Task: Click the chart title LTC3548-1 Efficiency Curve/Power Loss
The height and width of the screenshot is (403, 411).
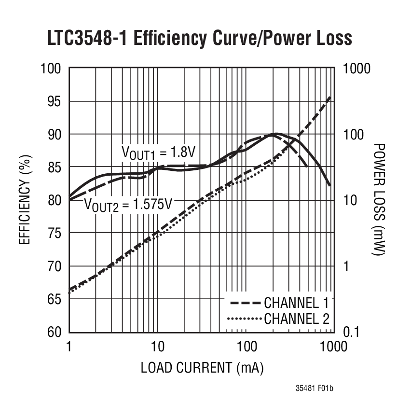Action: [x=199, y=38]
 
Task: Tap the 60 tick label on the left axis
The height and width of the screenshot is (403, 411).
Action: [x=51, y=332]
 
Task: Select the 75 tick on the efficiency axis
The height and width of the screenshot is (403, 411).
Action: [x=51, y=233]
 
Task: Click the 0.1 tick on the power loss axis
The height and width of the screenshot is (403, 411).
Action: [x=352, y=332]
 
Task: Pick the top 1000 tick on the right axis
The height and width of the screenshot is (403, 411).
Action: [x=356, y=69]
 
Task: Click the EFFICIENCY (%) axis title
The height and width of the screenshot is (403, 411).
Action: [x=25, y=199]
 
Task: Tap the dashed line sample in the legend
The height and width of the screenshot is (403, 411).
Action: [x=245, y=303]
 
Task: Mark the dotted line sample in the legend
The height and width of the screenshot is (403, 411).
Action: [x=245, y=319]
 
